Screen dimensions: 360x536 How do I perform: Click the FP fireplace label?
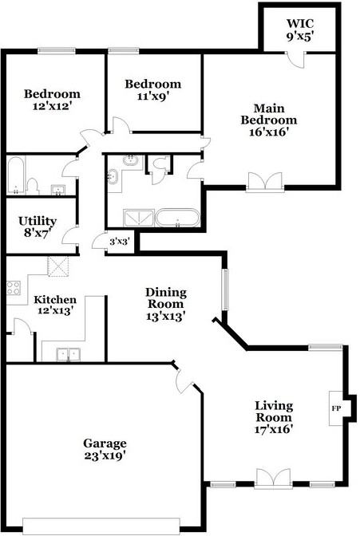[x=336, y=408]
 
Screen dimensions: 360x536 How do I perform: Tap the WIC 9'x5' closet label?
[x=300, y=30]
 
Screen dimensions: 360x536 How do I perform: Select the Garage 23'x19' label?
[x=105, y=450]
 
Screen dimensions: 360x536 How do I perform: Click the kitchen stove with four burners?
[x=14, y=287]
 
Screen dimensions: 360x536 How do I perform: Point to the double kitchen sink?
[x=69, y=354]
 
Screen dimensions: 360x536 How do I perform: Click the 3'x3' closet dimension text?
[x=120, y=242]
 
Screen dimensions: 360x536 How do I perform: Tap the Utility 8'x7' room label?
[x=38, y=227]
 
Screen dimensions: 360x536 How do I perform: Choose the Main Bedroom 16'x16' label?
[x=269, y=120]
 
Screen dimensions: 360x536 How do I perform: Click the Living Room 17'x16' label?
[x=274, y=417]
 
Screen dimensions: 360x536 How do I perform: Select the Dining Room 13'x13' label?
[x=166, y=304]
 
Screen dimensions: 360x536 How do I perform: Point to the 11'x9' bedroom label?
[x=153, y=90]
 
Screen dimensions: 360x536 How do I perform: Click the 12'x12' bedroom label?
[x=52, y=100]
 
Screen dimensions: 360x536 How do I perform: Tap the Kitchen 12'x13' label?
[x=55, y=305]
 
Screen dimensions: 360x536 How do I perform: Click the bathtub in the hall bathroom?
[x=16, y=175]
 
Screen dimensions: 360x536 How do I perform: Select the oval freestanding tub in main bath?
[x=177, y=218]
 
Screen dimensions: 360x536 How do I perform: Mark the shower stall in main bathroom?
[x=139, y=218]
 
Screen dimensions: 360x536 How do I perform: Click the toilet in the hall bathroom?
[x=33, y=187]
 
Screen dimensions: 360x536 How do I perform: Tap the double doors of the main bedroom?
[x=265, y=182]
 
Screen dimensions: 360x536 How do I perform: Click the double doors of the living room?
[x=274, y=479]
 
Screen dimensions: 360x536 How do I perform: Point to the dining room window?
[x=225, y=290]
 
